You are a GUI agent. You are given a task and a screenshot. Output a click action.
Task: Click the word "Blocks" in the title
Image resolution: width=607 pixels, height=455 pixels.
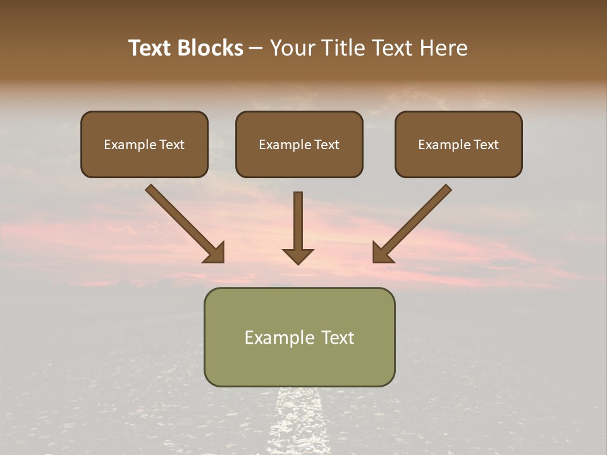[x=211, y=48]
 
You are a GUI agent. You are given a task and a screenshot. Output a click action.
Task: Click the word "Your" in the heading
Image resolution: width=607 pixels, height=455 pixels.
[x=291, y=48]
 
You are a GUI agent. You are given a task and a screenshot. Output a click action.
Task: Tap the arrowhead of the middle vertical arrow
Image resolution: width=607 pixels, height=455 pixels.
[x=298, y=255]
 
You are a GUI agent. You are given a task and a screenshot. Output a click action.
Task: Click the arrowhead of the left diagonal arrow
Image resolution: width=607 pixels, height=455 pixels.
[x=215, y=253]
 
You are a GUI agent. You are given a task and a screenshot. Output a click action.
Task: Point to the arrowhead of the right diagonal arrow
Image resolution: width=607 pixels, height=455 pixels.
[x=382, y=253]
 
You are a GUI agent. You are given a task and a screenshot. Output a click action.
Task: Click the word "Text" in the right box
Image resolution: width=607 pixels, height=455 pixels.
[x=486, y=145]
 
